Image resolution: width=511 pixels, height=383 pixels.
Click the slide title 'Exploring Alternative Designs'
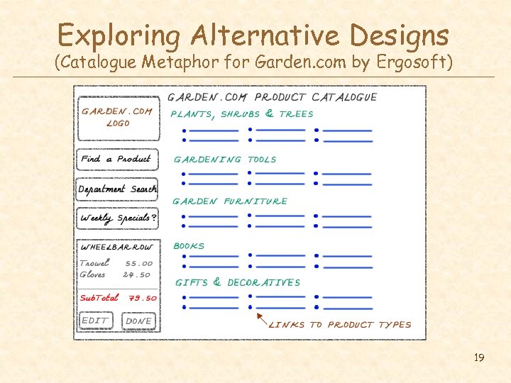[253, 35]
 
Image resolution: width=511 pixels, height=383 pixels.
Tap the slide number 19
[479, 357]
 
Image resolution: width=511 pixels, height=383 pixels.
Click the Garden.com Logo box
[117, 118]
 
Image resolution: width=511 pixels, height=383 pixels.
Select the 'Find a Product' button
[116, 160]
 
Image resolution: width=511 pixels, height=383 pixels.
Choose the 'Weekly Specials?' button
[117, 218]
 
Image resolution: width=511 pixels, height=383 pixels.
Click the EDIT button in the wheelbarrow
[96, 321]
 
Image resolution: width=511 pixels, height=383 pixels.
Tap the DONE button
[138, 321]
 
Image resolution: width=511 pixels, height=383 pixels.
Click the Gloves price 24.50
[137, 274]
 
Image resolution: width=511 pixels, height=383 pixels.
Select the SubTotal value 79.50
[140, 298]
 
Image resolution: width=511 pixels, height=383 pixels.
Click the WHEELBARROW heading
[117, 248]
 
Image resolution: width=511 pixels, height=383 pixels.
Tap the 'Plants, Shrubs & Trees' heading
[242, 114]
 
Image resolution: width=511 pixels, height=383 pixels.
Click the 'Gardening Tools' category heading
[225, 160]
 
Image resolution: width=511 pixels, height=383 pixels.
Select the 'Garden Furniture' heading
[230, 201]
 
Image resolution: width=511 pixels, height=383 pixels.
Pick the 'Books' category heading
[189, 246]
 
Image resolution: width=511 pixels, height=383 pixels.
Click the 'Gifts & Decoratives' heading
[237, 282]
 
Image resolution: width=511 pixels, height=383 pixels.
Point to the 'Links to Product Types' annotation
[340, 325]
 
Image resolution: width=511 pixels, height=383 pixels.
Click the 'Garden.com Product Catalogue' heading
[272, 97]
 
